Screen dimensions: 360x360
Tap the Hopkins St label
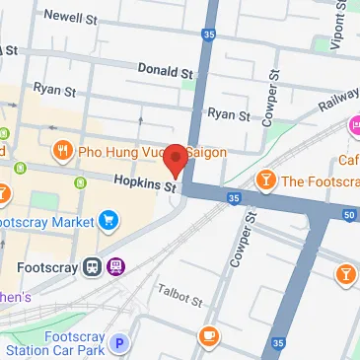coord(144,181)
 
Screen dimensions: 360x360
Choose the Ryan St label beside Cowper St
coord(229,114)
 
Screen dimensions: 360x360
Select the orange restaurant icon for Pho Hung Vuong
coord(64,151)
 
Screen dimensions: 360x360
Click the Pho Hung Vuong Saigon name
coord(153,152)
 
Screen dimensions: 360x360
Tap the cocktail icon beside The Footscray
coord(265,180)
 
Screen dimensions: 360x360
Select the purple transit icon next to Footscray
coord(116,265)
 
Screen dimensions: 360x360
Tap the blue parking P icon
coord(119,343)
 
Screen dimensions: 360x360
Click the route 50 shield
coord(350,214)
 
